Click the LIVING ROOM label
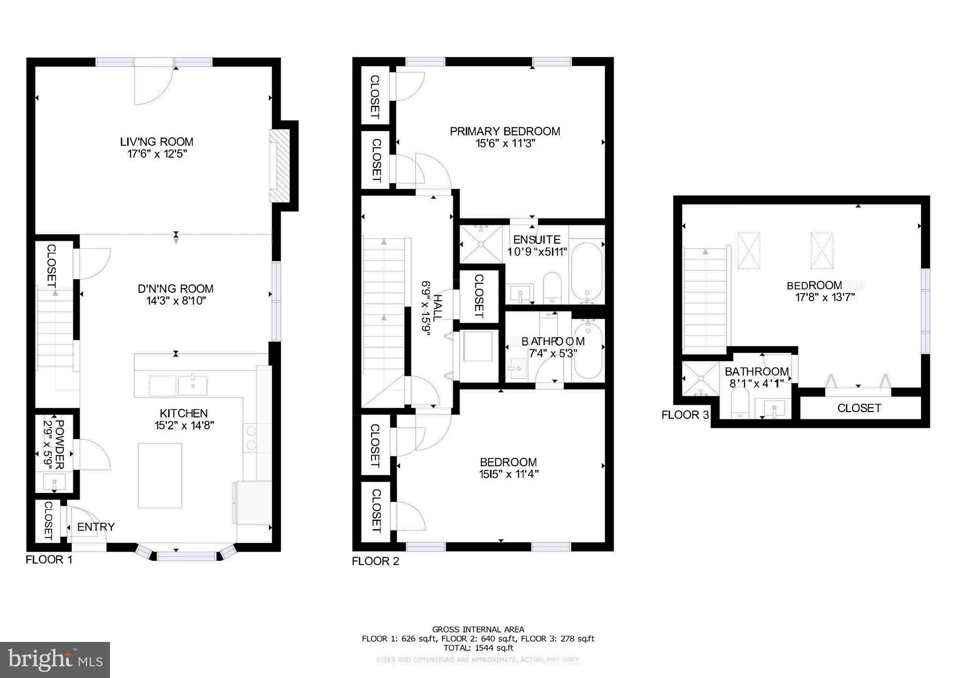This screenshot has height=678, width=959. (x=156, y=142)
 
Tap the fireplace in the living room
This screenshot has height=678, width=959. (x=280, y=166)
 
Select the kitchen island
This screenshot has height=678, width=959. (x=160, y=475)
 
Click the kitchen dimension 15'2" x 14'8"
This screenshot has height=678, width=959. (x=184, y=426)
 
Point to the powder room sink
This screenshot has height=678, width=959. (x=54, y=482)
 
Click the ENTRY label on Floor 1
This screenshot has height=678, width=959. (x=96, y=527)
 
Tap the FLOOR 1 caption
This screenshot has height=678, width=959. (x=49, y=560)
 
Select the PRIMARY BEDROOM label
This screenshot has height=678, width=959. (x=505, y=132)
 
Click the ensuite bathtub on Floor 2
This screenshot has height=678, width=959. (x=587, y=272)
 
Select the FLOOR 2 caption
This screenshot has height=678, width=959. (x=376, y=561)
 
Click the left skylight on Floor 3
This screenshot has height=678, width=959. (x=749, y=251)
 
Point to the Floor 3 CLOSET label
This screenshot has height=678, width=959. (x=859, y=408)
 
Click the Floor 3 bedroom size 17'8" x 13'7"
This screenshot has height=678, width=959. (x=825, y=297)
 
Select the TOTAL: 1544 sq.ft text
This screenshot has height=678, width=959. (x=478, y=648)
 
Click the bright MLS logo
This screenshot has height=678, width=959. (x=55, y=660)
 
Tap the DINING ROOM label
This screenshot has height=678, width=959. (x=176, y=289)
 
